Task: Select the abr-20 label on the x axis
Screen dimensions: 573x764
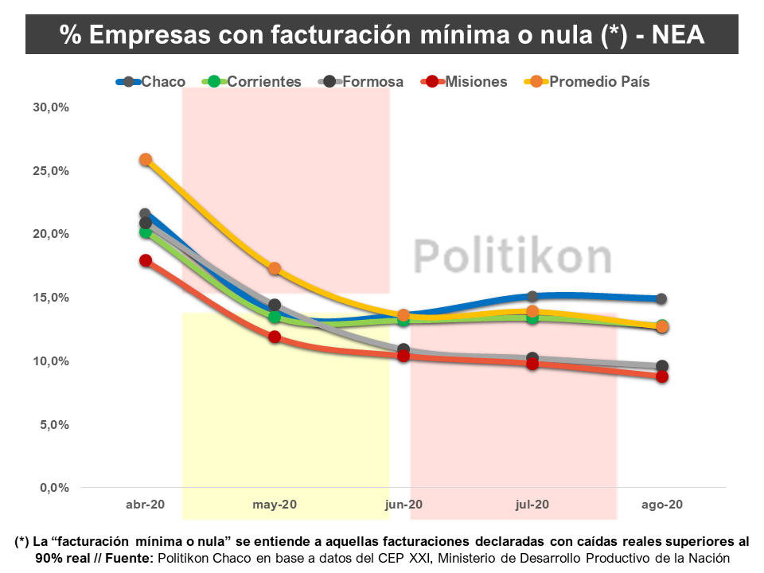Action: [146, 505]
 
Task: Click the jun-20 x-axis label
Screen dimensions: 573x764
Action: [403, 505]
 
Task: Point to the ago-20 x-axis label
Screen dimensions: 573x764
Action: [662, 505]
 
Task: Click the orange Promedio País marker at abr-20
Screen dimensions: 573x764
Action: [146, 159]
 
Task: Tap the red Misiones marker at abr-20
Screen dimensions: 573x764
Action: [146, 260]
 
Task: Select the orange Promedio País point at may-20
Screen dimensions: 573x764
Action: [275, 268]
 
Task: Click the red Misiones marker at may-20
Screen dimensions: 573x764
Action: [275, 337]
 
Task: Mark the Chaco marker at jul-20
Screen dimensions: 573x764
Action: [532, 296]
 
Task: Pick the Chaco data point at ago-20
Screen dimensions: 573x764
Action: [661, 298]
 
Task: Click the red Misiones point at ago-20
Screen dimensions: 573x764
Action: [661, 376]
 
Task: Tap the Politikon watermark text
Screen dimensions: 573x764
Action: [513, 256]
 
